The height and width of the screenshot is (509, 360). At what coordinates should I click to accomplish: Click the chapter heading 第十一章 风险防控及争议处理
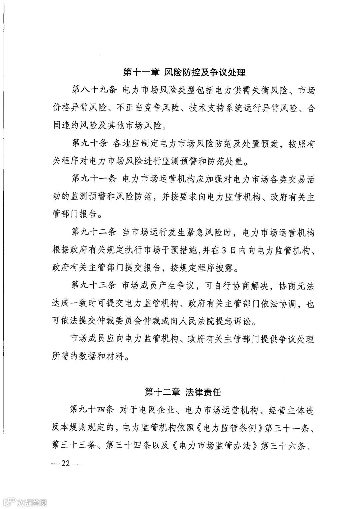click(x=184, y=72)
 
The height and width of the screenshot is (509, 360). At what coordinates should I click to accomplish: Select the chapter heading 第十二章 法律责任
click(x=183, y=392)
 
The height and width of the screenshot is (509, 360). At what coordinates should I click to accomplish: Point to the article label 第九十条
click(x=89, y=144)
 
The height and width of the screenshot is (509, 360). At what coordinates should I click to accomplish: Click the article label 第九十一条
click(x=94, y=179)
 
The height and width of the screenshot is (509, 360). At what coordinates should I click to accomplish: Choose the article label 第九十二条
click(x=94, y=233)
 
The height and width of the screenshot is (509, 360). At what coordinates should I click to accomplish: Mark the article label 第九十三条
click(x=94, y=286)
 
